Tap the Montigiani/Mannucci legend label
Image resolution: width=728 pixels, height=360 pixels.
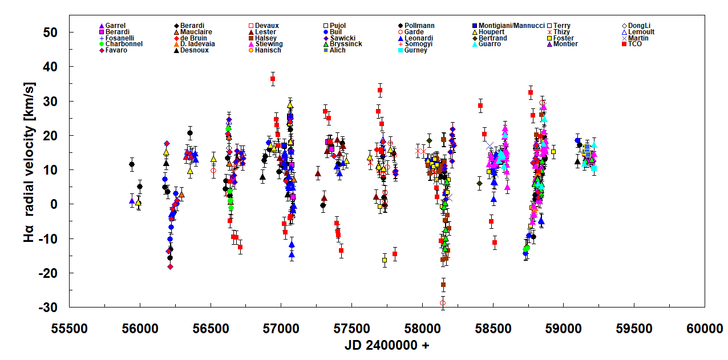coord(511,26)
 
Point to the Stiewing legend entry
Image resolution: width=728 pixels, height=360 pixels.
coord(268,44)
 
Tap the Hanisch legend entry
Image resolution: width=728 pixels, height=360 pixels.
coord(267,50)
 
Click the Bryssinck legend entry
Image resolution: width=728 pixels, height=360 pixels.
coord(346,44)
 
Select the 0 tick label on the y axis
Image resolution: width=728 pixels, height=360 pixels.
coord(58,204)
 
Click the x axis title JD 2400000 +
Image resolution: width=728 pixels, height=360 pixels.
coord(387,346)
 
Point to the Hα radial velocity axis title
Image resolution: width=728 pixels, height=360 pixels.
coord(29,169)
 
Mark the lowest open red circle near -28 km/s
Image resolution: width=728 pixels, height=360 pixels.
coord(443,302)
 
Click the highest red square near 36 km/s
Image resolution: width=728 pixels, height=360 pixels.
coord(273,79)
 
